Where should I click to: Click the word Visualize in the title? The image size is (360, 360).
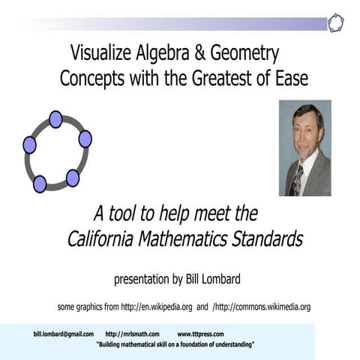99,54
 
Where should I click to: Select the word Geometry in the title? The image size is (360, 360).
240,54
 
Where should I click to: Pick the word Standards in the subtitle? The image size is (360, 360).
265,239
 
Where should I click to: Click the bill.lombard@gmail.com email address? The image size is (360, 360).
64,334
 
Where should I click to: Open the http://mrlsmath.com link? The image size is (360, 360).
132,334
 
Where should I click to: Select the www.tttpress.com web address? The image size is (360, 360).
200,334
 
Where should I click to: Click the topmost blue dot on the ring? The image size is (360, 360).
55,119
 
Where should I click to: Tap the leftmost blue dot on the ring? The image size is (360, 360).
29,144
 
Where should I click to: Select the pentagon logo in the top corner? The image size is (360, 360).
335,22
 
